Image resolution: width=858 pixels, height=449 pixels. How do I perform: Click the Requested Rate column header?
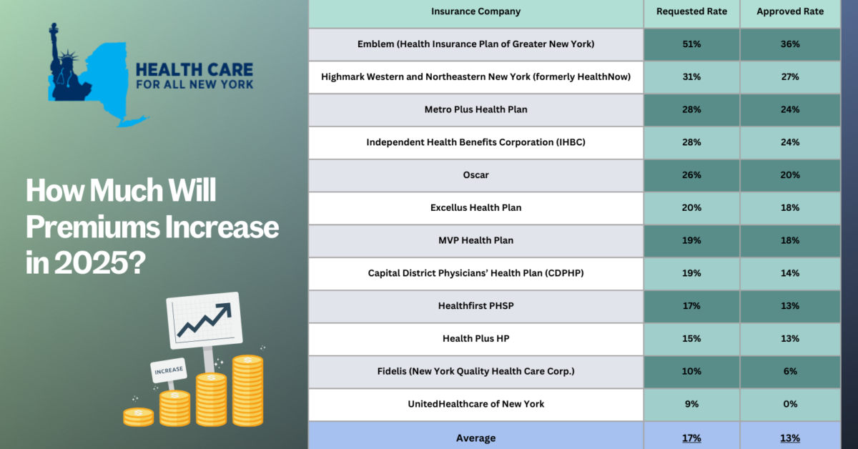(691, 11)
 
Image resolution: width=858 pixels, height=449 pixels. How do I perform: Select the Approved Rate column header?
(790, 11)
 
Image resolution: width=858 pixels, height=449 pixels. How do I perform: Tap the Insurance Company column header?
(475, 11)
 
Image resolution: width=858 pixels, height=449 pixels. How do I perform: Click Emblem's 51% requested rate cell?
(691, 44)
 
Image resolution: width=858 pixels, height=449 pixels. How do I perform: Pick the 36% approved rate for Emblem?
(790, 44)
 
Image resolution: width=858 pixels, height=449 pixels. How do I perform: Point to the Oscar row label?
(475, 175)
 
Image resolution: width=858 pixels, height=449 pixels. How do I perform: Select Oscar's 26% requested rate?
(691, 175)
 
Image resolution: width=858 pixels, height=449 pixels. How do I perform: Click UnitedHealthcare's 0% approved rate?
(790, 404)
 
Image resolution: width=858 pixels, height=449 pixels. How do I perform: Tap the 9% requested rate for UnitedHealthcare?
(691, 404)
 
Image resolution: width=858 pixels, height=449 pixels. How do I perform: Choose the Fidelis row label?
(475, 371)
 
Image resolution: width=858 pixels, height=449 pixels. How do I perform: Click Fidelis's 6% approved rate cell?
(790, 371)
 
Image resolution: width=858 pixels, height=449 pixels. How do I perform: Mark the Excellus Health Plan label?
(475, 207)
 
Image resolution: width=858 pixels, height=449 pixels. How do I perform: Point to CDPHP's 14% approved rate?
(790, 273)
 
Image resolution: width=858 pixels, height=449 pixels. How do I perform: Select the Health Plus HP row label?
(475, 339)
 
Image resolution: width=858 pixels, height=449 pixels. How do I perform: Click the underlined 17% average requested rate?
(691, 438)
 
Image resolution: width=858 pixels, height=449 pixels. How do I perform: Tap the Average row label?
(475, 438)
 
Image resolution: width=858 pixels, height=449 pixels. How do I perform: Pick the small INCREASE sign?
(169, 370)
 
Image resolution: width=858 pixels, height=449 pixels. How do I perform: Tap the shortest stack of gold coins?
(138, 417)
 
